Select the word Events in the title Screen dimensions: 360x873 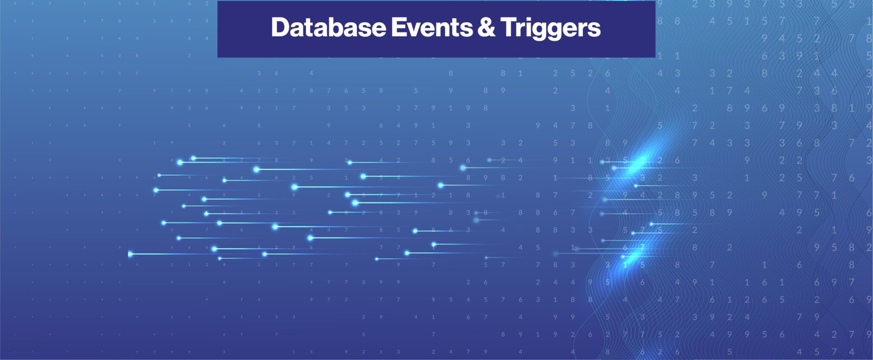click(432, 28)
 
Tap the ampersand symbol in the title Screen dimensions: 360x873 click(486, 28)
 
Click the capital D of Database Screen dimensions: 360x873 click(280, 28)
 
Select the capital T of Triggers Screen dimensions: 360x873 click(508, 28)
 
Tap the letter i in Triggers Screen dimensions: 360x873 click(526, 28)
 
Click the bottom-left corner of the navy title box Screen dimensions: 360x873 click(218, 57)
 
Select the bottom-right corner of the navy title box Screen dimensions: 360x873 click(655, 57)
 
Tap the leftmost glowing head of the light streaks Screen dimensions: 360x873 click(130, 254)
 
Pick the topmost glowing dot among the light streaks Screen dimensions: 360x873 click(193, 158)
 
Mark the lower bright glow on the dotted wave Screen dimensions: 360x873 click(631, 256)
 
